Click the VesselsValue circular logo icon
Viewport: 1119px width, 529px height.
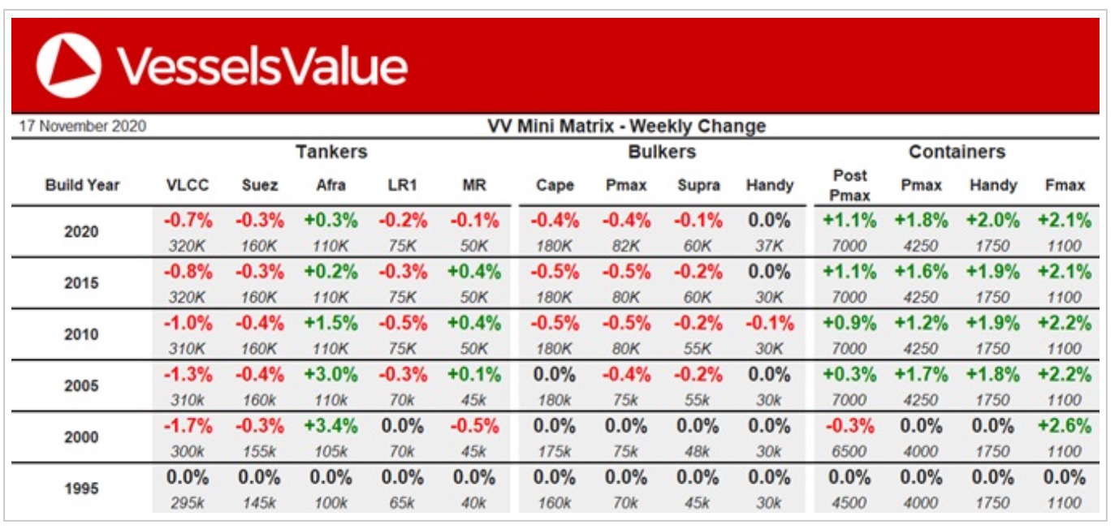69,65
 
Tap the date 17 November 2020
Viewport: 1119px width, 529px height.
82,127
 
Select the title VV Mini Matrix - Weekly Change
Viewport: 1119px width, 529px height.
626,127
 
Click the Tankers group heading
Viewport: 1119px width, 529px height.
331,152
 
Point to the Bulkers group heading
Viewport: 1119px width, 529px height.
662,152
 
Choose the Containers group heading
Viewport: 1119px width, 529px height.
957,152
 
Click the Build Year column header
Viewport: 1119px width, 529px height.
82,185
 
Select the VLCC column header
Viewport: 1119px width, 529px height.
188,185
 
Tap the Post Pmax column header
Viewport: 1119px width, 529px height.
849,185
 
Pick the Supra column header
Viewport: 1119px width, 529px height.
698,185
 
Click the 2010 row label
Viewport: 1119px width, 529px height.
81,334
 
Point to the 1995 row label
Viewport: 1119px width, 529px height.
81,488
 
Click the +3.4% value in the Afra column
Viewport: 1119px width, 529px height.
331,426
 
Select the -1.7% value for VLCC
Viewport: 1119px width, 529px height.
188,426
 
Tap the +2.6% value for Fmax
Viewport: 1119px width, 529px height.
1065,426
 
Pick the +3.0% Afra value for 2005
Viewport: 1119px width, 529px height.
331,375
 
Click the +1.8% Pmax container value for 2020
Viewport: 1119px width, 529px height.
921,221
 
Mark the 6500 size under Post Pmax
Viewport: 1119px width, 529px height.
849,451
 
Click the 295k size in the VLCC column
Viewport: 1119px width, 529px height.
188,502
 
